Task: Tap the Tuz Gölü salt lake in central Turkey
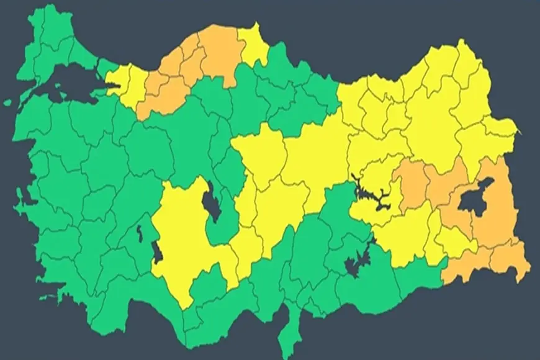tap(211, 202)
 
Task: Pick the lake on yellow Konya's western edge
tap(158, 251)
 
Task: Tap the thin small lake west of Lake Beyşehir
tap(139, 236)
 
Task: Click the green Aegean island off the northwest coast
tap(7, 102)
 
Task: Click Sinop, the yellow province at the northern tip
tap(253, 43)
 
